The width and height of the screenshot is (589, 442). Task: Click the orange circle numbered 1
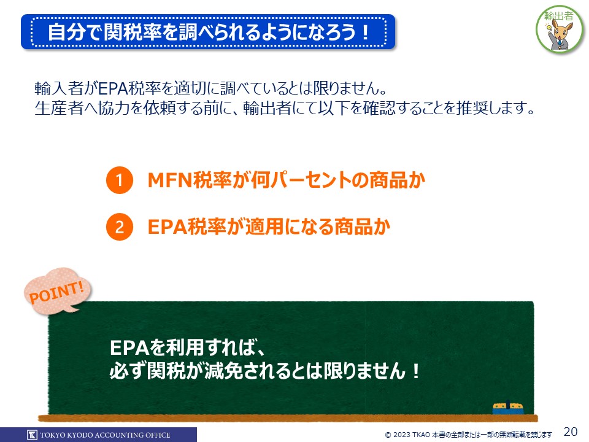tap(120, 180)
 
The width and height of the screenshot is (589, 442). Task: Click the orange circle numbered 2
tap(120, 227)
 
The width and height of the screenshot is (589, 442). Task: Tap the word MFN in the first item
tap(170, 180)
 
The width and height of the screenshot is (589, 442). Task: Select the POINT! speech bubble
tap(58, 291)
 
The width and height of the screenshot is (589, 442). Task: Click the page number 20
tap(570, 432)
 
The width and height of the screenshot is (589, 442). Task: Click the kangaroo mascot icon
tap(560, 30)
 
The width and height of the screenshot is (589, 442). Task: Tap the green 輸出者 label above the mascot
tap(558, 16)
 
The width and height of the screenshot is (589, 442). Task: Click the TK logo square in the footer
tap(33, 435)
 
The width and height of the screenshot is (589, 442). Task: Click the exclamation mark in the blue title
tap(365, 32)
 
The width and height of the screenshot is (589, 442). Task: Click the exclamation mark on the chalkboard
tap(415, 371)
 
